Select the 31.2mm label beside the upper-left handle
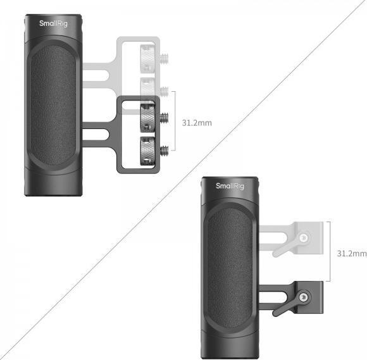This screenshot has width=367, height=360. coord(196,122)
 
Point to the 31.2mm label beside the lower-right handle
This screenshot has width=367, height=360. coord(351,254)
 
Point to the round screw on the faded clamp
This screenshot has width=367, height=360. coord(305,237)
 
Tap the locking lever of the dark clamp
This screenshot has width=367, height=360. coord(282,304)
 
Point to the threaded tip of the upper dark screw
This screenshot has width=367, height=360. coord(166,118)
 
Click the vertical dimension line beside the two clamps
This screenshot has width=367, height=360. coord(329,253)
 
